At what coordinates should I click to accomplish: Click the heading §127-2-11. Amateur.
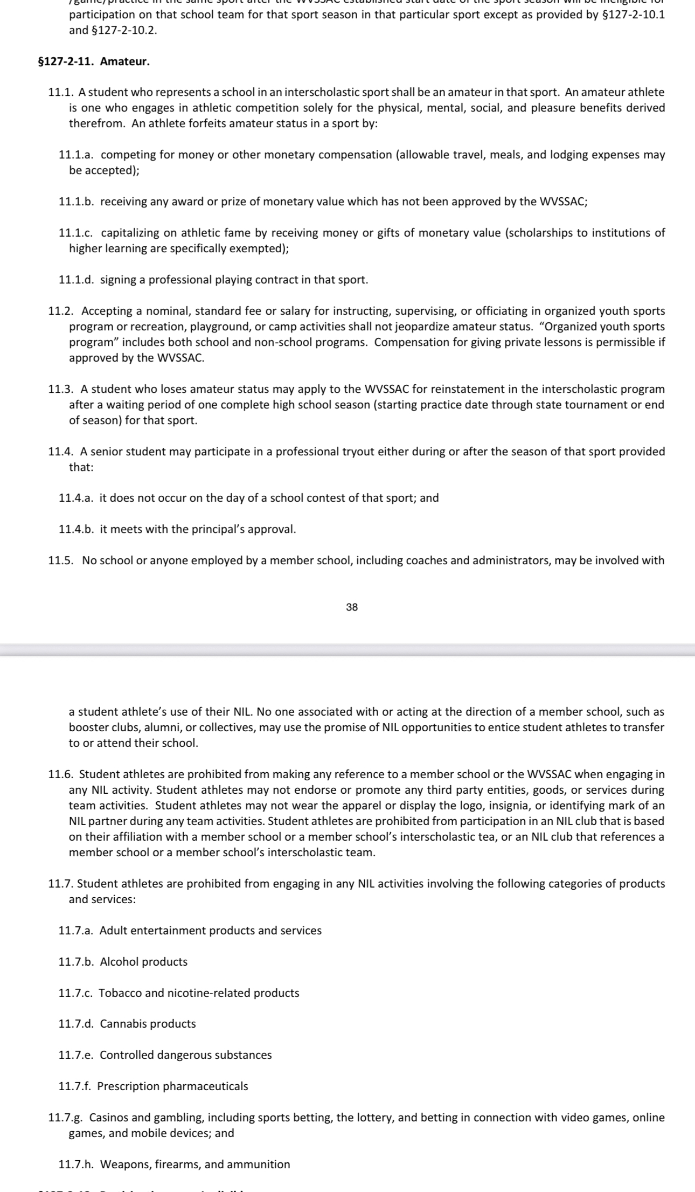pos(93,61)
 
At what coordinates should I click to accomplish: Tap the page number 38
pos(352,607)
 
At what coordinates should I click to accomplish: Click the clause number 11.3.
pos(60,389)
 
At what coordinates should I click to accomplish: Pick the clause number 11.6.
pos(60,774)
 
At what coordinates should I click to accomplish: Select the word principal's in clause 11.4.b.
pos(206,529)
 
